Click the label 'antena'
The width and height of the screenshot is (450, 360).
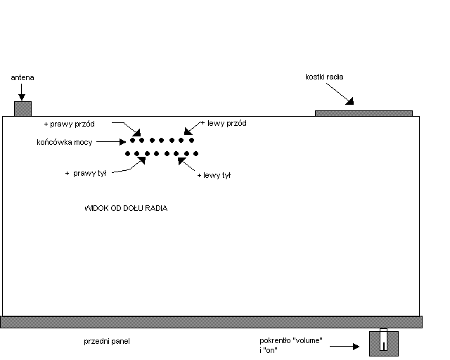[x=22, y=77]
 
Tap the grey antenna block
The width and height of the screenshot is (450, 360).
[x=23, y=108]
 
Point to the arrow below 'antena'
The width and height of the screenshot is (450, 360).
[x=22, y=91]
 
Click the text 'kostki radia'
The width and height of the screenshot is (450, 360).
[x=324, y=77]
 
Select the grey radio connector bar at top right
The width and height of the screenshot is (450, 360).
[x=363, y=112]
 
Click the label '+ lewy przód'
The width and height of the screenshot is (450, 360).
[x=224, y=123]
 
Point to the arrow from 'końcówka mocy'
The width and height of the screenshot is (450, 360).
[x=110, y=141]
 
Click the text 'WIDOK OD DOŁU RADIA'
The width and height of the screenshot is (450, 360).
[x=126, y=209]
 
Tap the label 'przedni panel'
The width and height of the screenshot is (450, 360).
[x=107, y=341]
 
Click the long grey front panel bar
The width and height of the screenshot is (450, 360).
[x=211, y=321]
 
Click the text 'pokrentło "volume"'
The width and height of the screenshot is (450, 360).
[x=290, y=341]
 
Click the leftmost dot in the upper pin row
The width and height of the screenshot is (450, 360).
[x=132, y=141]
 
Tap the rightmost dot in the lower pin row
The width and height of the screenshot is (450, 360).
[x=194, y=153]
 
